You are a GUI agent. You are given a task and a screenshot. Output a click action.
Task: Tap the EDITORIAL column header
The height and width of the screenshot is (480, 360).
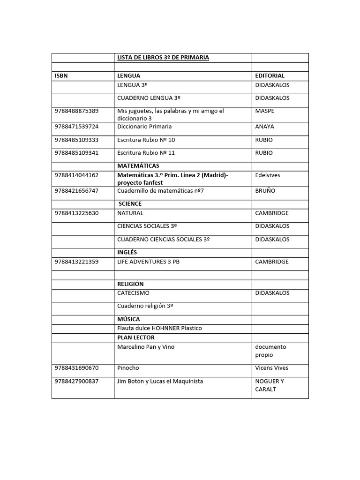(x=270, y=75)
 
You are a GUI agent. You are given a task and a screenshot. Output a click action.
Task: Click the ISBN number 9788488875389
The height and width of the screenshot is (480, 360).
(x=77, y=111)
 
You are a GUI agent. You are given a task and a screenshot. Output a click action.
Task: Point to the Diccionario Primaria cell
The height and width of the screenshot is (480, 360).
(x=144, y=127)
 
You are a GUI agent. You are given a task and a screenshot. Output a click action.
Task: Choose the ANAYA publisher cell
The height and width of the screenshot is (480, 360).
(x=265, y=127)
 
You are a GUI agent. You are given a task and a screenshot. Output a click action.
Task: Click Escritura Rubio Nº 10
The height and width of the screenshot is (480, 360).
(x=146, y=140)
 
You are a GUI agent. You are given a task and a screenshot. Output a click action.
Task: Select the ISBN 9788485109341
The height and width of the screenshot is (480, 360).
(x=77, y=153)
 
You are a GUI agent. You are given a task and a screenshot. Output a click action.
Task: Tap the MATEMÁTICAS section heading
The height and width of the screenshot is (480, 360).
(x=138, y=166)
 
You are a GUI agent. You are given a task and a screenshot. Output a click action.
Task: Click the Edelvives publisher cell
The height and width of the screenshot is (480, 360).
(x=267, y=175)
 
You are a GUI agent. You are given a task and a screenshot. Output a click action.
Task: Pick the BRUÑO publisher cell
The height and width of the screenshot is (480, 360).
(x=265, y=191)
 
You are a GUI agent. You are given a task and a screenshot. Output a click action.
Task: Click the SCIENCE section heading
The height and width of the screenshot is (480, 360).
(x=130, y=204)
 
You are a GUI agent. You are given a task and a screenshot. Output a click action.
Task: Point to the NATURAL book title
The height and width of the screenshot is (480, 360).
(x=130, y=213)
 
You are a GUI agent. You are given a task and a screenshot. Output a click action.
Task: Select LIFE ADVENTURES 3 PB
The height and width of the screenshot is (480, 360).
(x=148, y=262)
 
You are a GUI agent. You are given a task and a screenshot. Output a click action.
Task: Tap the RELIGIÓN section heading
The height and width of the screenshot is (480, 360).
(x=130, y=284)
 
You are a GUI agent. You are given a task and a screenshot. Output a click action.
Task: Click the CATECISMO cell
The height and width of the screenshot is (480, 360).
(x=133, y=293)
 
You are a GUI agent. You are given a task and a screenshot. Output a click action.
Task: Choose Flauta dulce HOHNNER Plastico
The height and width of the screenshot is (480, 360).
(x=159, y=328)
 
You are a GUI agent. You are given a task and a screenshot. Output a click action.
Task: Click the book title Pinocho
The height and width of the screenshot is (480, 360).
(x=128, y=368)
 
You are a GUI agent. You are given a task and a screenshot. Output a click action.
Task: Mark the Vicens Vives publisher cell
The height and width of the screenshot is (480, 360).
(x=272, y=368)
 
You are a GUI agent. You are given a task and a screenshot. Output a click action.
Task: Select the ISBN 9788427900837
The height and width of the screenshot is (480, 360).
(x=77, y=381)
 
